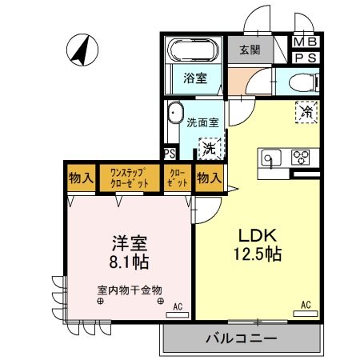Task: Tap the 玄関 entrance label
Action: pyautogui.click(x=249, y=50)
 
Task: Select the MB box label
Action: pyautogui.click(x=305, y=42)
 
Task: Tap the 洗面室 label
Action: pyautogui.click(x=202, y=123)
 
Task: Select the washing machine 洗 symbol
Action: pyautogui.click(x=208, y=147)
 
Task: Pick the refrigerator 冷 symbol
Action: pyautogui.click(x=306, y=112)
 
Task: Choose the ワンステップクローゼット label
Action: pyautogui.click(x=128, y=178)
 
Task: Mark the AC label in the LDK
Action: pyautogui.click(x=306, y=304)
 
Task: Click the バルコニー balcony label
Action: pyautogui.click(x=241, y=338)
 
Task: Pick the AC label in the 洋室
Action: pyautogui.click(x=177, y=306)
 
